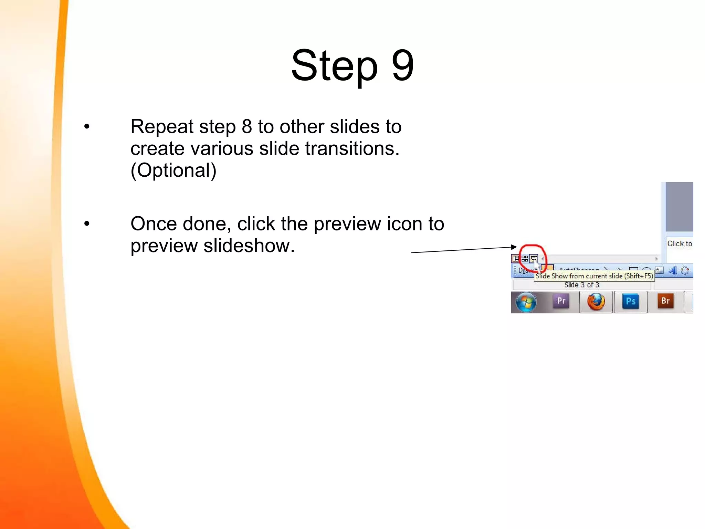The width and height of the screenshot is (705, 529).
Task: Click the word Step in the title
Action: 334,65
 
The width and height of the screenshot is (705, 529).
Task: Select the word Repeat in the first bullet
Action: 162,127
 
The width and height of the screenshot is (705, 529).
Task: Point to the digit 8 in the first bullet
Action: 247,126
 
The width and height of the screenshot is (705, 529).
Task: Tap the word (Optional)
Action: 173,170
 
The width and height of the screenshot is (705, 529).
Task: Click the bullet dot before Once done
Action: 87,224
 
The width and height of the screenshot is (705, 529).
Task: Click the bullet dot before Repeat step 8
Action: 87,126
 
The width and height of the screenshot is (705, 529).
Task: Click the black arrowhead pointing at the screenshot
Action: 514,247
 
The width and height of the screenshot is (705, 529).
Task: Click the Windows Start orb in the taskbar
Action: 526,302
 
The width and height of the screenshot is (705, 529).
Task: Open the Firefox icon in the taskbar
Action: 596,302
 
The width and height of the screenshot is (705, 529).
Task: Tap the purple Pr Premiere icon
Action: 561,301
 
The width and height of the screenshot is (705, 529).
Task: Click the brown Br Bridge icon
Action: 665,301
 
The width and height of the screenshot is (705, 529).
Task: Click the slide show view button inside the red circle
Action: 534,258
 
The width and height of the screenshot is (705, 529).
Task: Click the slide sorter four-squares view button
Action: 525,258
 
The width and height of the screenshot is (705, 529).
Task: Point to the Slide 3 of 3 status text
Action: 582,285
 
